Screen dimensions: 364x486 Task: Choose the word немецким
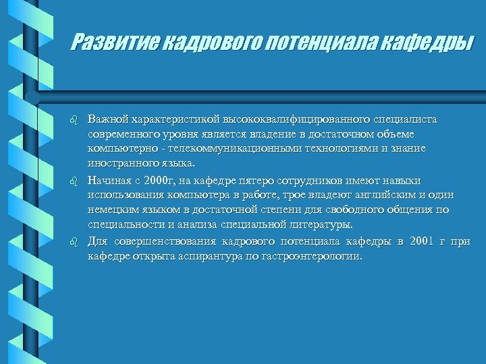(x=112, y=210)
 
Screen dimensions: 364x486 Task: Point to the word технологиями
(x=323, y=148)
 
